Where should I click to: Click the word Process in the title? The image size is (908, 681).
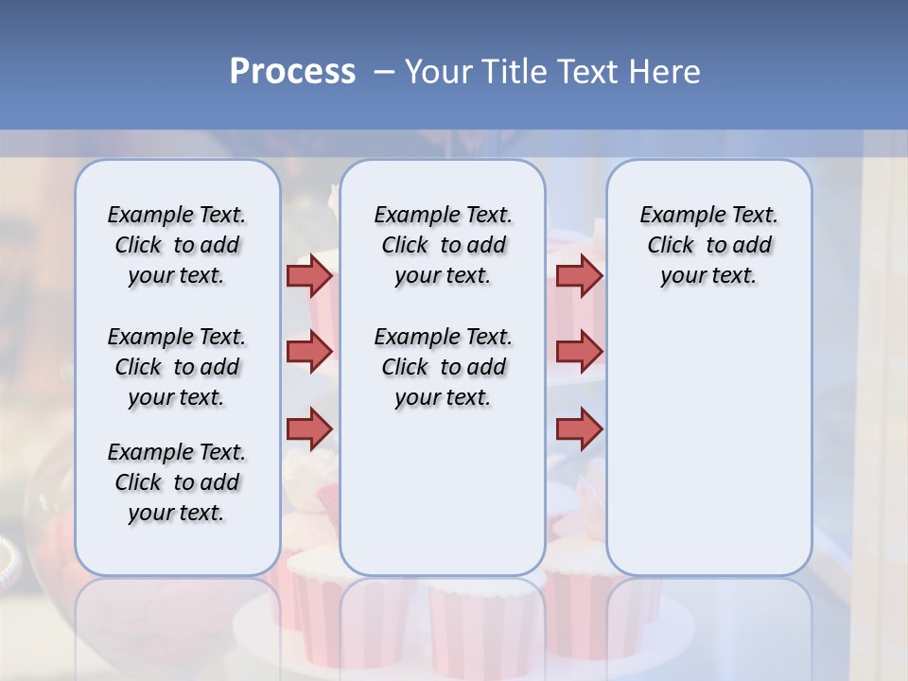pos(292,71)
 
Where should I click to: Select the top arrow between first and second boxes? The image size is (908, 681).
pos(309,275)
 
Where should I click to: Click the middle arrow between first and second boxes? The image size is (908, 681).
pos(309,352)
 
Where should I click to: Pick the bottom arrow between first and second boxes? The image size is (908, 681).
pos(309,428)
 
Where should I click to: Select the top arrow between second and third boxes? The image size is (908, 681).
pos(579,275)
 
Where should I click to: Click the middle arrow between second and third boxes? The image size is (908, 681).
pos(579,352)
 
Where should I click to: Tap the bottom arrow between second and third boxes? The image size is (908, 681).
pos(579,428)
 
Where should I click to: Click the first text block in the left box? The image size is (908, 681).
pos(177,245)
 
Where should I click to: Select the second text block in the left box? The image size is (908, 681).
pos(177,367)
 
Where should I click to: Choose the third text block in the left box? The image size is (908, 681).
pos(177,482)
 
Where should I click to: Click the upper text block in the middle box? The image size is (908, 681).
pos(443,245)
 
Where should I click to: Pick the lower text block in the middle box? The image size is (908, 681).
pos(443,367)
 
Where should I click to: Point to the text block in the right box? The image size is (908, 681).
pos(708,245)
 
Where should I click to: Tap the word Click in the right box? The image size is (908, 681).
pos(671,246)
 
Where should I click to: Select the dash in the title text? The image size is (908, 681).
pos(384,72)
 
